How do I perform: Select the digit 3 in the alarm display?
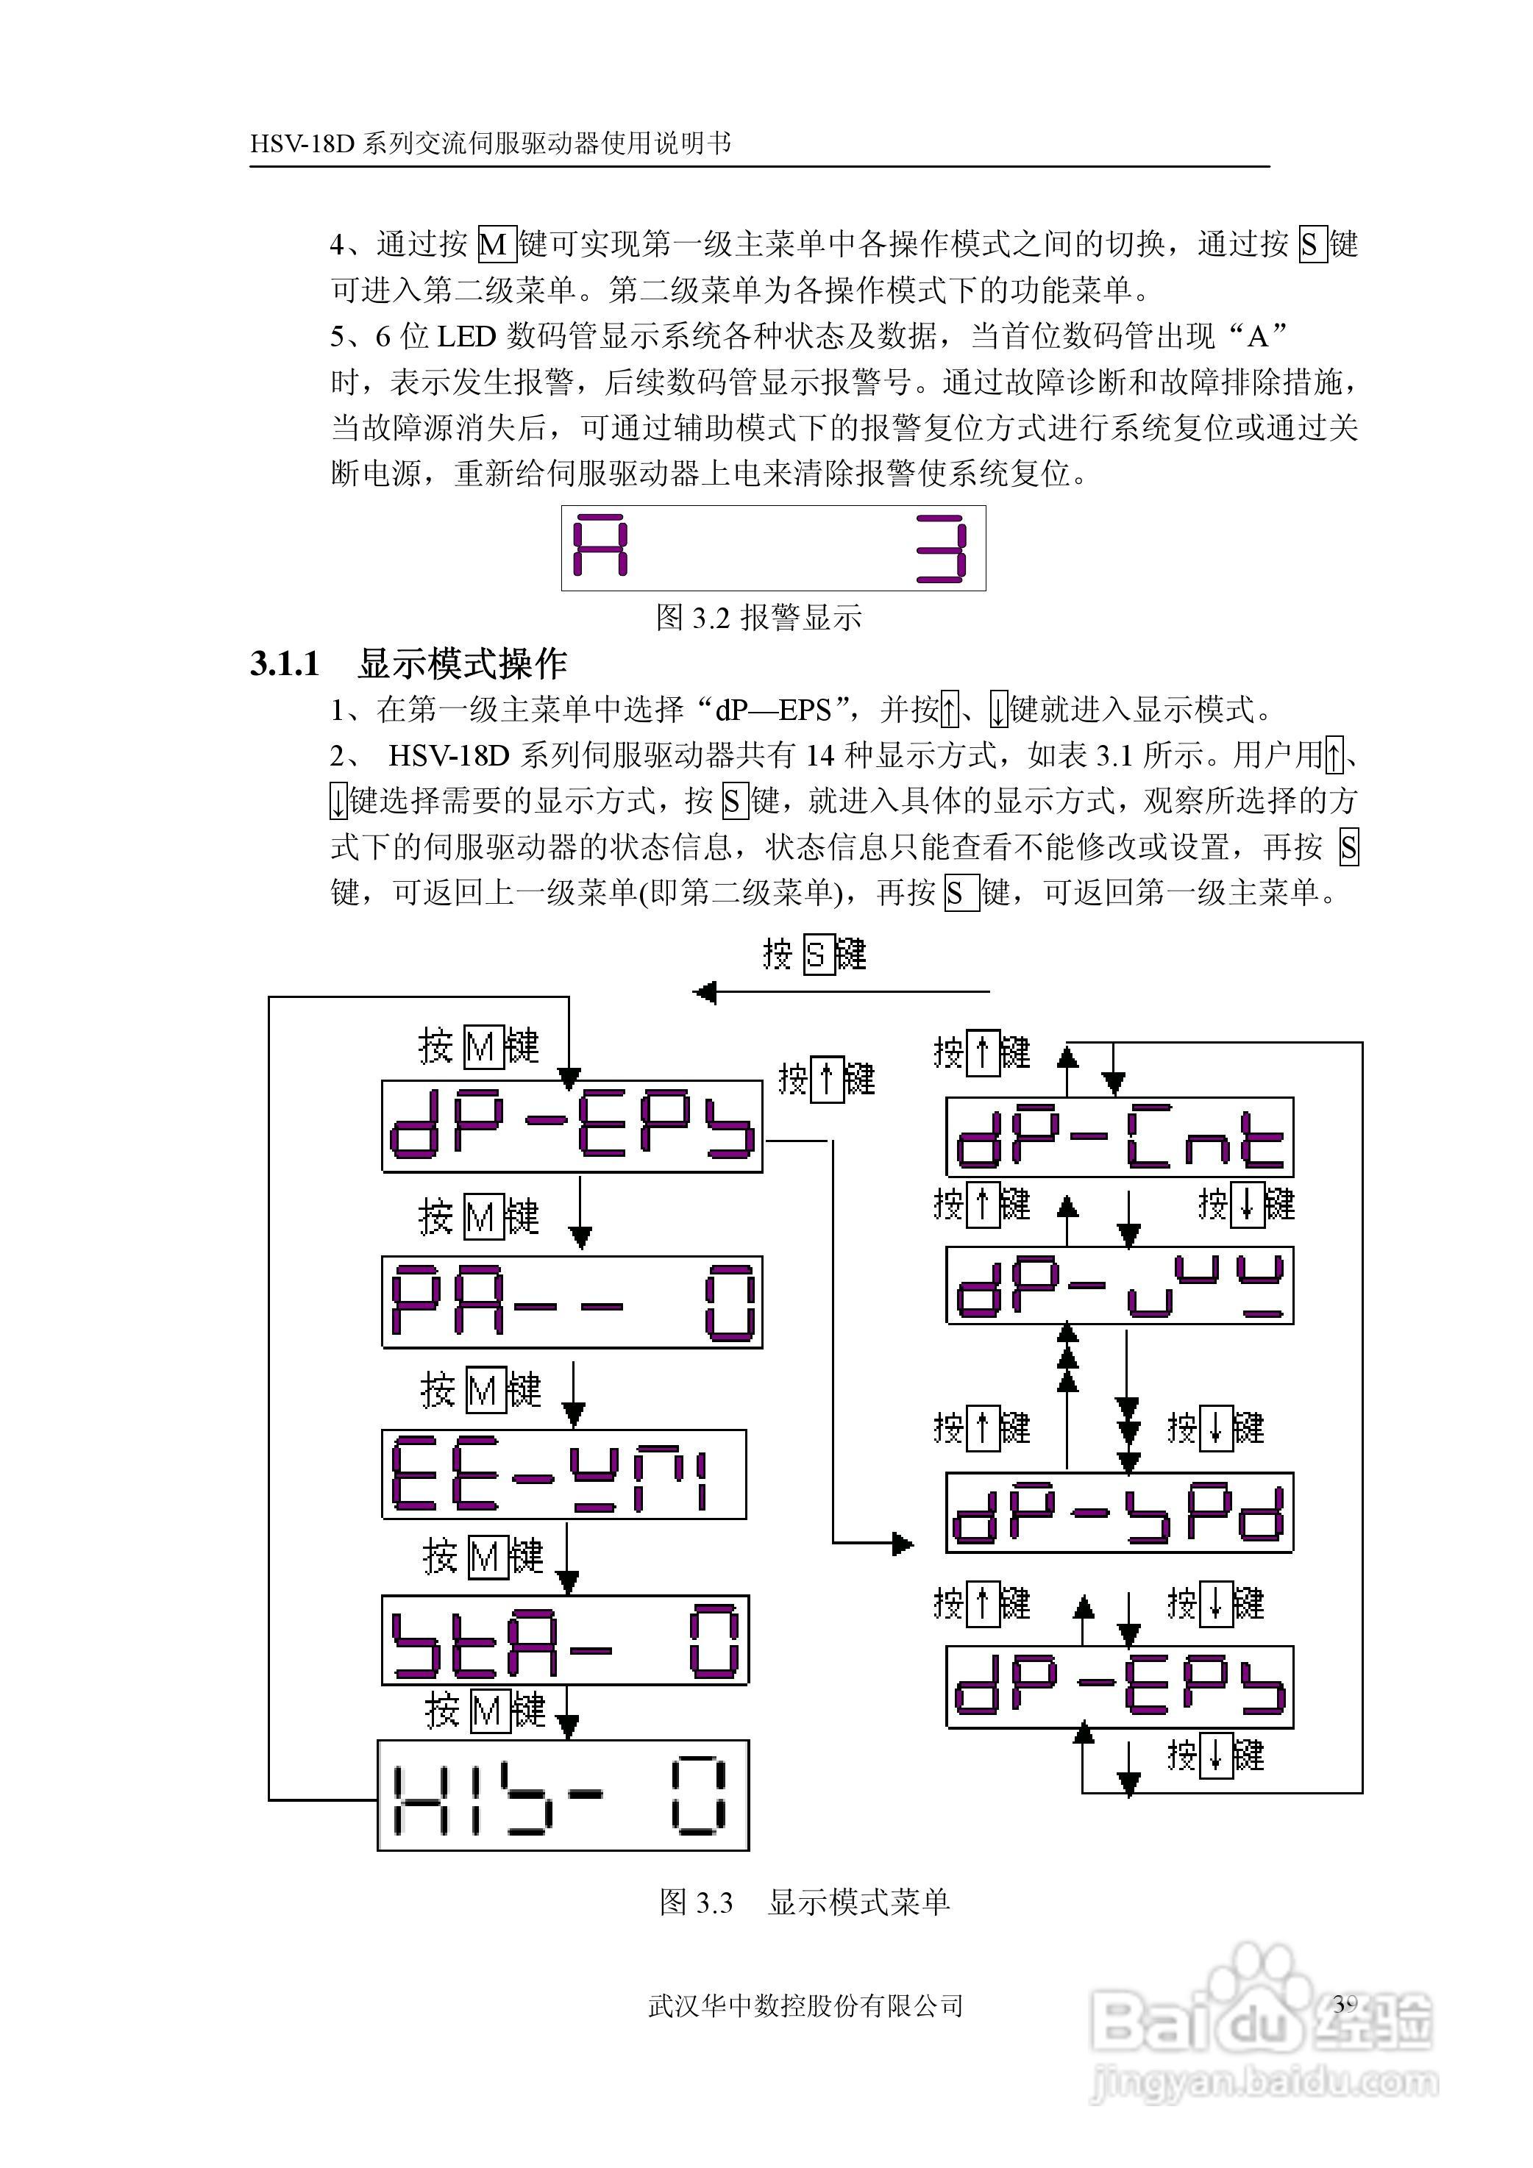[942, 548]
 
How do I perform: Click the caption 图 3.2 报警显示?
[758, 618]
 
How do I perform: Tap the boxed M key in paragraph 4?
[495, 245]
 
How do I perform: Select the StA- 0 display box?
[565, 1640]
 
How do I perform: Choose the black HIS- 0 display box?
[563, 1795]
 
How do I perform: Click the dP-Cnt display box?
[1120, 1138]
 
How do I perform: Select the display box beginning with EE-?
[564, 1474]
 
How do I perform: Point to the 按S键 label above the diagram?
[814, 955]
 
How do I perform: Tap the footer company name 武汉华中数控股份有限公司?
[805, 2005]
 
